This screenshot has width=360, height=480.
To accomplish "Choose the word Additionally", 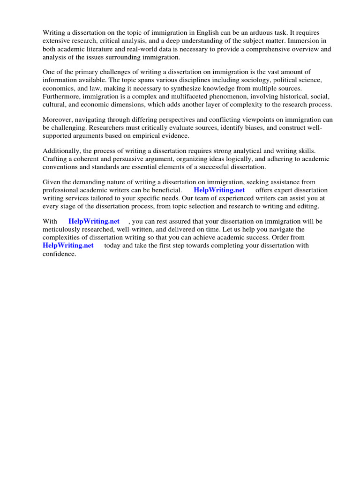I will [61, 151].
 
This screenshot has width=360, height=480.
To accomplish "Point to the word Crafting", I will [56, 159].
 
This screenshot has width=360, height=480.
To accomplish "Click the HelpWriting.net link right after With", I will [94, 221].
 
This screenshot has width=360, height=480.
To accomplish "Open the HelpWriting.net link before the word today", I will [68, 245].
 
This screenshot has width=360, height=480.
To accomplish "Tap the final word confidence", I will [59, 254].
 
